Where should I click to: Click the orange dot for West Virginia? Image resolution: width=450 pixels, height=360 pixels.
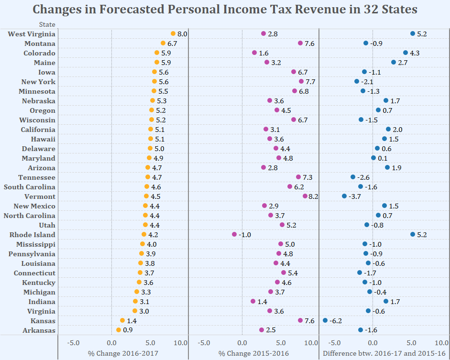(173, 33)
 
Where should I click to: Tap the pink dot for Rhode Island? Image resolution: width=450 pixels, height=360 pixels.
(234, 234)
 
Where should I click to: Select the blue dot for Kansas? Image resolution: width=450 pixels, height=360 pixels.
(325, 320)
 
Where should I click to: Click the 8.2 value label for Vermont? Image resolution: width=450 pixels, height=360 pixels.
(314, 196)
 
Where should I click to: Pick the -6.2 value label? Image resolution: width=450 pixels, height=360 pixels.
(335, 321)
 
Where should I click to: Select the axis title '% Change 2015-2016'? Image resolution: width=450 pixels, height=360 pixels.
(253, 353)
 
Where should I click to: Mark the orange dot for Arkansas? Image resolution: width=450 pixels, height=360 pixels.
(119, 330)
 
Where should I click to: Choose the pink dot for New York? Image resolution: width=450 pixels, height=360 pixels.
(301, 81)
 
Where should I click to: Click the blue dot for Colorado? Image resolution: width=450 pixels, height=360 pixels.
(406, 53)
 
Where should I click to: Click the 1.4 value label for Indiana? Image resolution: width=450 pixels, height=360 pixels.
(262, 302)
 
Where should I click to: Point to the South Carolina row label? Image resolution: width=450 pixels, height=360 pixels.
(30, 187)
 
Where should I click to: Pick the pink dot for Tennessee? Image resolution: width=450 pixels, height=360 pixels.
(298, 177)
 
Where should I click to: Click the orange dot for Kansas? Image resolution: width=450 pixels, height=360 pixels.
(122, 320)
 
